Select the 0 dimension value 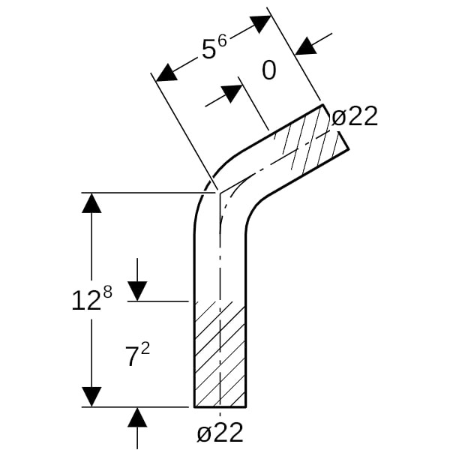click(x=268, y=70)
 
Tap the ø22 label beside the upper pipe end click(x=354, y=116)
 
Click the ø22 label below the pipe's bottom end click(x=220, y=433)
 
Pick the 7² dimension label click(x=137, y=356)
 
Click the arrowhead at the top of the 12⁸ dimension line click(x=91, y=202)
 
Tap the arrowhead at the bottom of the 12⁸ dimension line click(x=91, y=396)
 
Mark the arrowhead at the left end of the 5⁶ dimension click(x=166, y=72)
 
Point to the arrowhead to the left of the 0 click(x=232, y=94)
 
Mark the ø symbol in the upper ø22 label click(x=338, y=117)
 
